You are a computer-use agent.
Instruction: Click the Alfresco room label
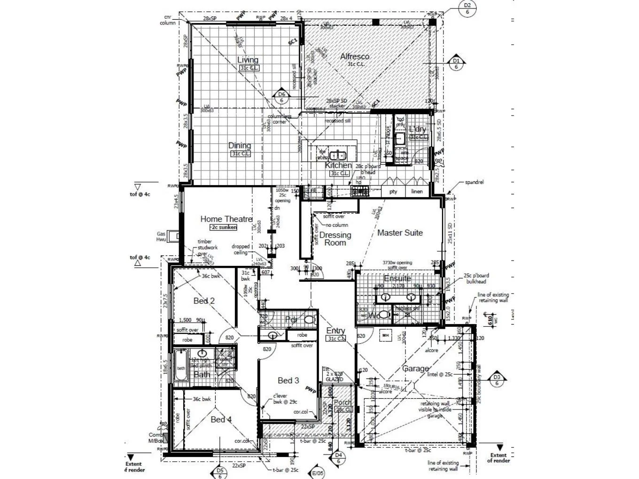[x=355, y=56]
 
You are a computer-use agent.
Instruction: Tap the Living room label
[x=248, y=60]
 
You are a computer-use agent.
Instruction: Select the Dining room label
[x=240, y=146]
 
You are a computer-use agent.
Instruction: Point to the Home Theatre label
[x=226, y=219]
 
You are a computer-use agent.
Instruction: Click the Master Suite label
[x=400, y=232]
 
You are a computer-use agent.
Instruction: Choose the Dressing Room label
[x=335, y=239]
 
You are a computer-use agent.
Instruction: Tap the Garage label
[x=415, y=369]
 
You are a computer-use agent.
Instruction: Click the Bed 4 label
[x=221, y=419]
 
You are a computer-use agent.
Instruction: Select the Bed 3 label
[x=288, y=380]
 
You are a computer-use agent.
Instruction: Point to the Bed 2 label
[x=204, y=301]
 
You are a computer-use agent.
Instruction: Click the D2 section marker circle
[x=467, y=8]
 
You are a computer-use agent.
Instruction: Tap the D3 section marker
[x=497, y=380]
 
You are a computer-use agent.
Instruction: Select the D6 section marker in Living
[x=281, y=97]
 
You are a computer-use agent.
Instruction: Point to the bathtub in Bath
[x=181, y=368]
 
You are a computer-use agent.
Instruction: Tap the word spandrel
[x=474, y=182]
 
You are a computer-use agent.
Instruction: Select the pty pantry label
[x=393, y=192]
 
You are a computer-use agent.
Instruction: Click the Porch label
[x=342, y=402]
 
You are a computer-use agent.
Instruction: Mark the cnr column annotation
[x=167, y=20]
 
